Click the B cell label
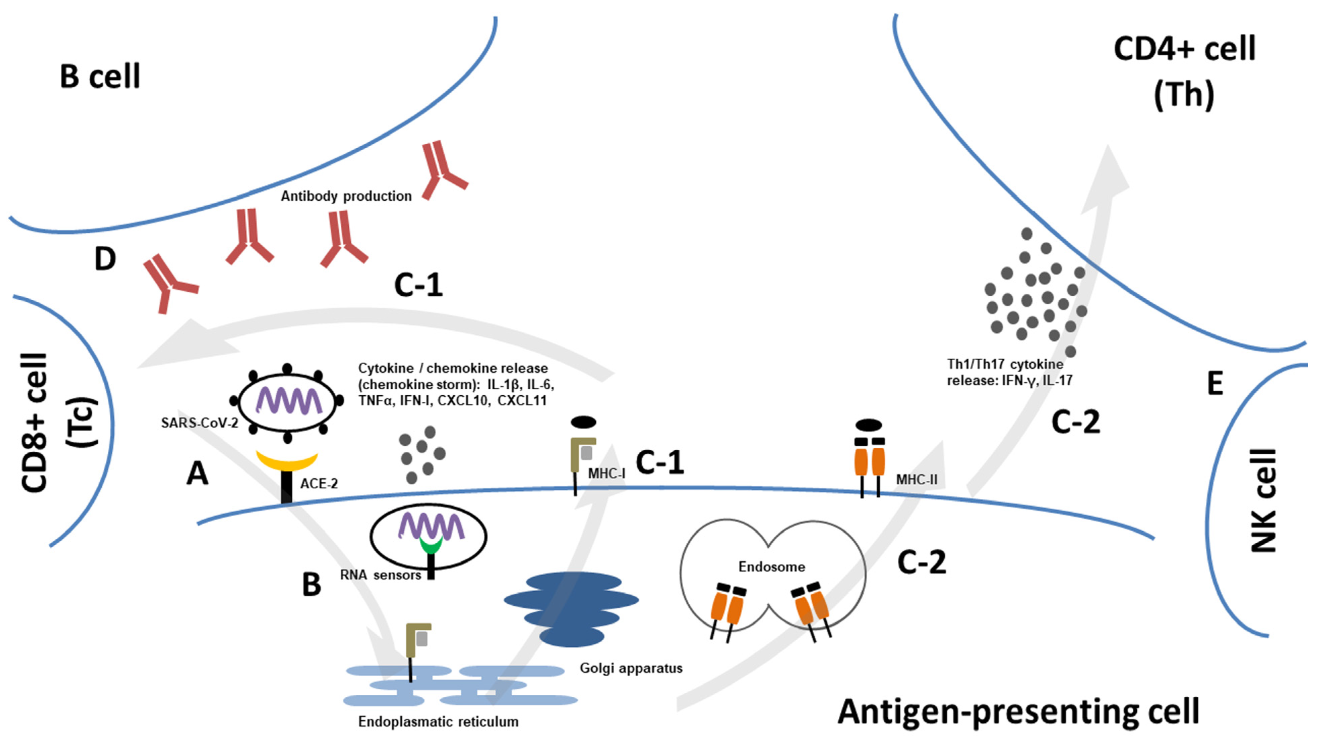pyautogui.click(x=100, y=77)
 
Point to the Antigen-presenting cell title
pyautogui.click(x=1018, y=711)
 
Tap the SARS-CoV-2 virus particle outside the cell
pyautogui.click(x=287, y=401)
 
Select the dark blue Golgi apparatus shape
pyautogui.click(x=572, y=609)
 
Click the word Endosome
pyautogui.click(x=771, y=567)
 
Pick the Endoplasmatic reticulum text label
pyautogui.click(x=438, y=722)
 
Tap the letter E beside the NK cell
pyautogui.click(x=1215, y=384)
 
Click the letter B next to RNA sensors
pyautogui.click(x=311, y=585)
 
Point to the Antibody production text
pyautogui.click(x=346, y=196)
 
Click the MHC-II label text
pyautogui.click(x=917, y=480)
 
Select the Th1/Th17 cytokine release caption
pyautogui.click(x=1009, y=372)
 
